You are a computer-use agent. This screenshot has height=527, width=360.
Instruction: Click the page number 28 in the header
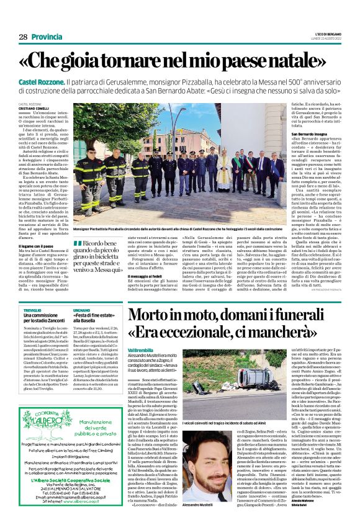click(23, 37)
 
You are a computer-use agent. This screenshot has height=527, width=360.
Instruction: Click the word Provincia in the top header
click(47, 37)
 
